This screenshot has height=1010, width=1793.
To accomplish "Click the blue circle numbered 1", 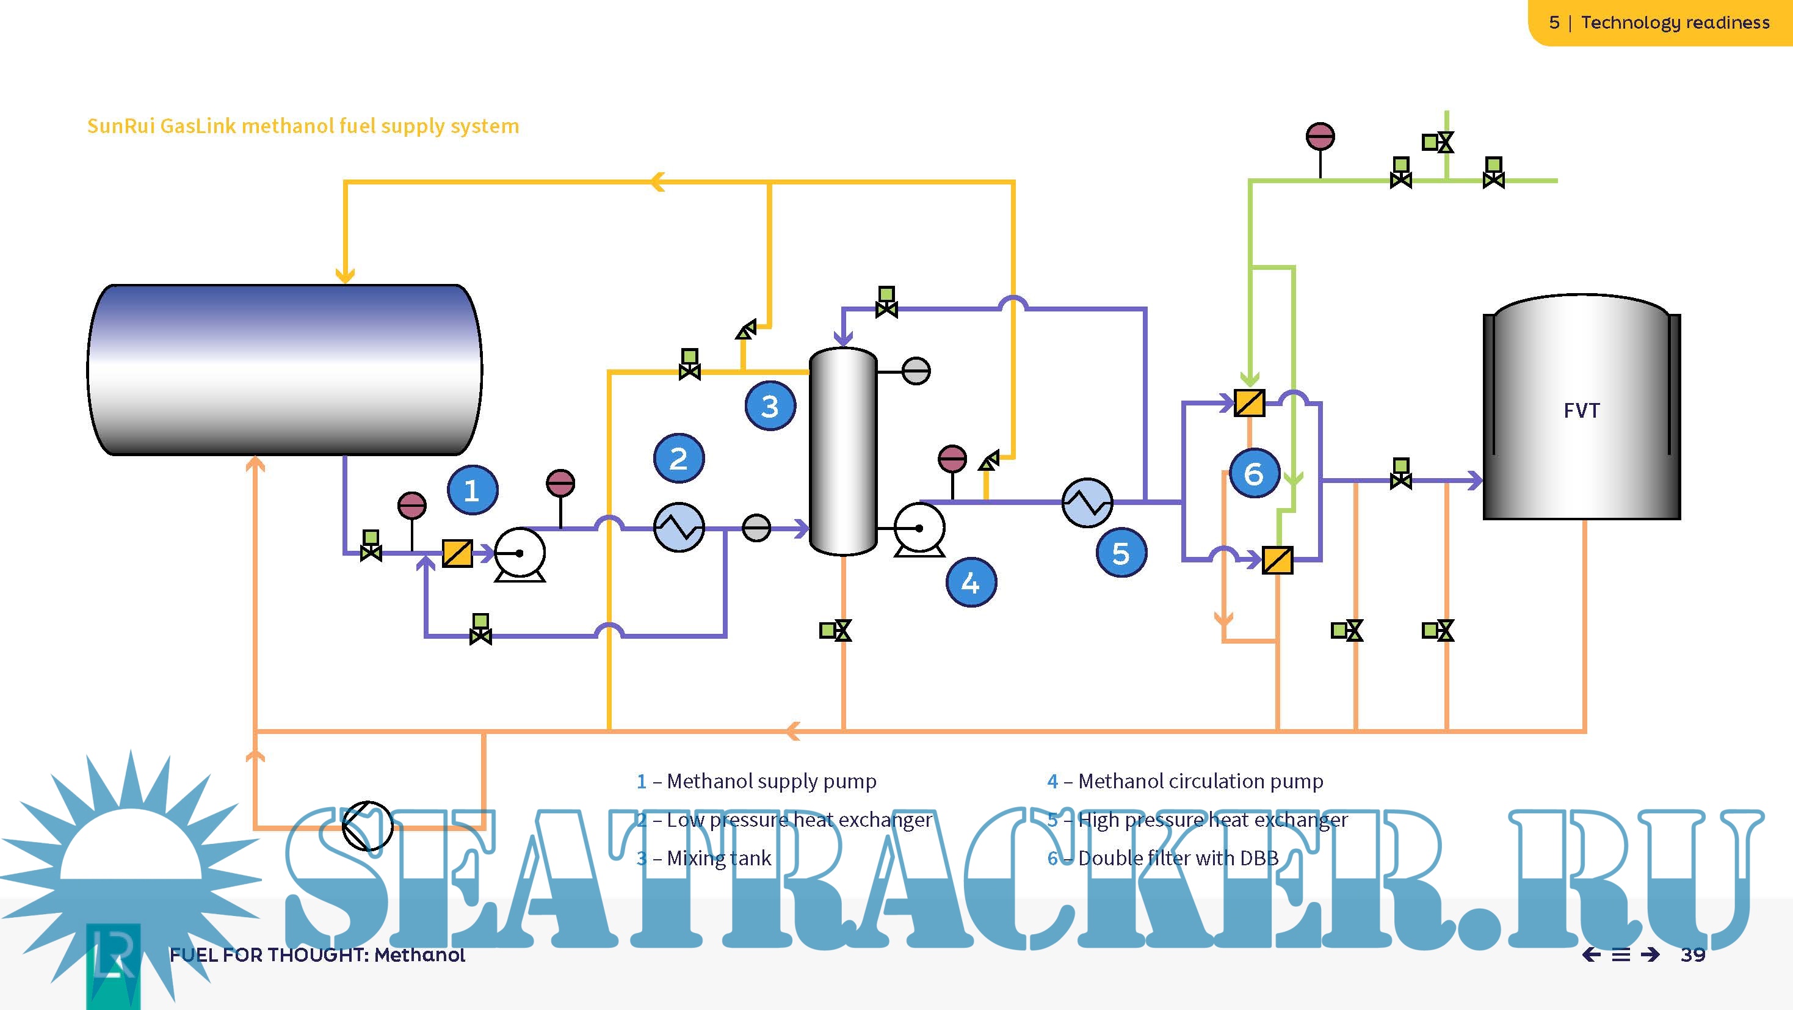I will coord(472,490).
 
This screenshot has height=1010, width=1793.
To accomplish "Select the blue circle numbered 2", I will coord(679,458).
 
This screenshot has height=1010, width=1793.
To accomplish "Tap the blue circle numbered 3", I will coord(770,406).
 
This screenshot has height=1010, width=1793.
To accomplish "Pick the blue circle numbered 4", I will coord(971,582).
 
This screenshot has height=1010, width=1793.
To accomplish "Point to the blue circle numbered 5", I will coord(1121,553).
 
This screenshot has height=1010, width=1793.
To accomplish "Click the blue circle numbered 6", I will coord(1253,473).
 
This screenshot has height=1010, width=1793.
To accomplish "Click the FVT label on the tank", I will coord(1581,411).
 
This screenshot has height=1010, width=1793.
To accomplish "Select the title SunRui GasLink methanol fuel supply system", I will coord(303,126).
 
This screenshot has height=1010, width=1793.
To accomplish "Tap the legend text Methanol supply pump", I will coord(771,781).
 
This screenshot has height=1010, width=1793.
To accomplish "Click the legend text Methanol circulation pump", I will coord(1200,781).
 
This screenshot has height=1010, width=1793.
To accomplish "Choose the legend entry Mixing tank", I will coord(719,857).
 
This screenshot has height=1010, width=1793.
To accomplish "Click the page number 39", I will coord(1693,954).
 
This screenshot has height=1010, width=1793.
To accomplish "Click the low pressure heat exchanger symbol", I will coord(679,528).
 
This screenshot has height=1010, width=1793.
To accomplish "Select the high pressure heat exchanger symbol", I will coord(1087,502).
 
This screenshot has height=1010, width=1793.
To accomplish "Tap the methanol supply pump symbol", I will coord(520,554).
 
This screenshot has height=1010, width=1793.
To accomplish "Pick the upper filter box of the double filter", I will coord(1250,402).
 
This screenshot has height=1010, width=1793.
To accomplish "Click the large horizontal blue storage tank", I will coord(284,369).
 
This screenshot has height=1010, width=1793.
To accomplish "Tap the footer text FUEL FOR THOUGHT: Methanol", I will coord(317,954).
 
